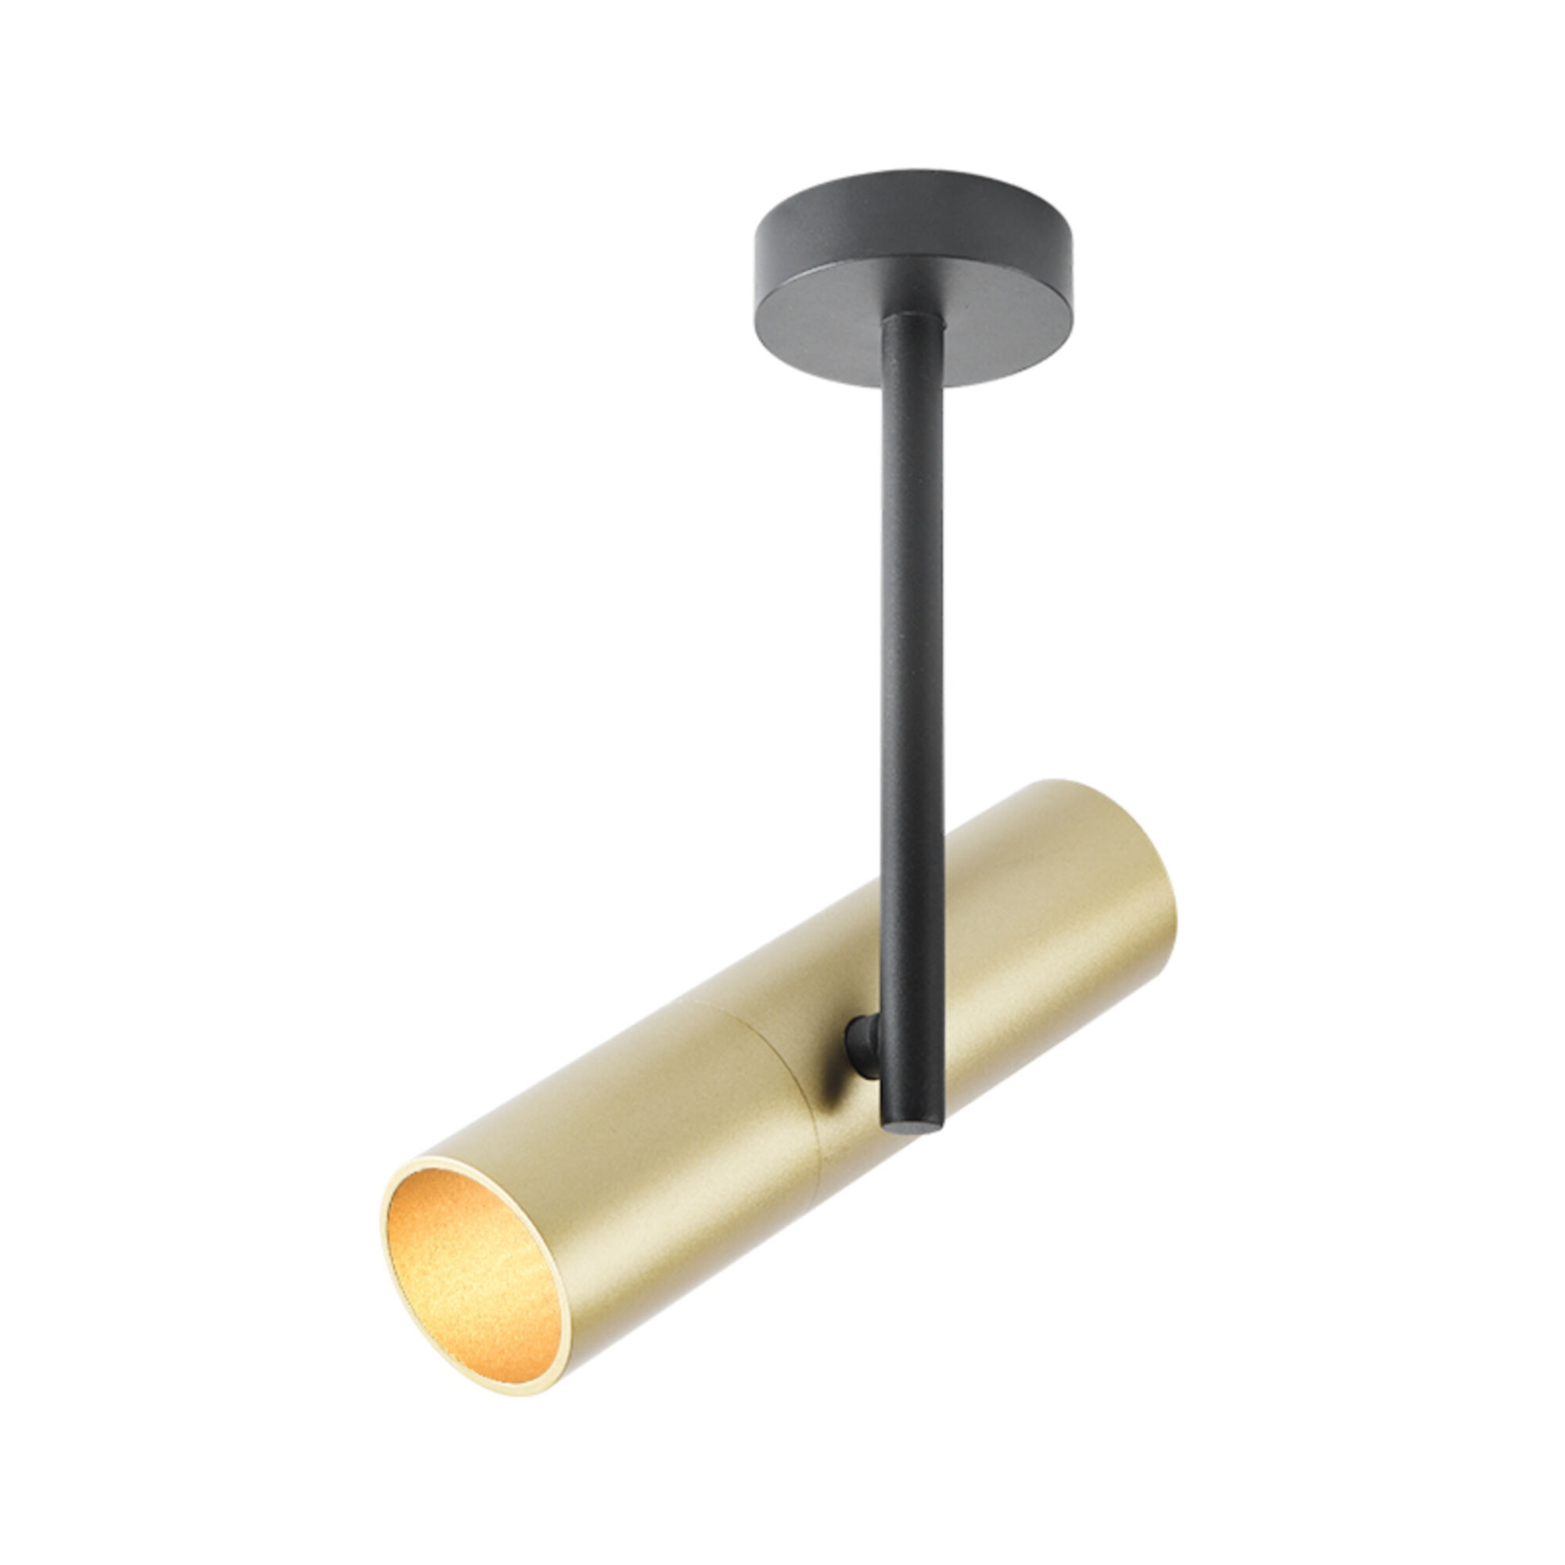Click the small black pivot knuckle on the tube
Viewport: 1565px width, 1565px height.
[x=862, y=1045]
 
